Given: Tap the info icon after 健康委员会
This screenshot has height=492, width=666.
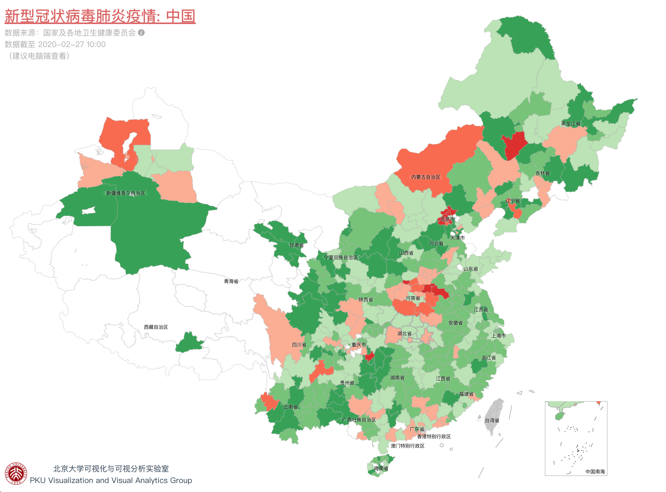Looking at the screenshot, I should click(141, 33).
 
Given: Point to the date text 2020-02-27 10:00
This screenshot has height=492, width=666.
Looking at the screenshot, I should click(71, 44).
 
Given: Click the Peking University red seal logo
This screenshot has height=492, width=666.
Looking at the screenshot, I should click(16, 473).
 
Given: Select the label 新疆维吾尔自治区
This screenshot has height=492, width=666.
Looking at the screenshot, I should click(126, 193).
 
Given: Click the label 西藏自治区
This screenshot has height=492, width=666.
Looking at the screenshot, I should click(156, 327).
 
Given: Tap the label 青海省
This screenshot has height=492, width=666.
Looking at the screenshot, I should click(231, 281).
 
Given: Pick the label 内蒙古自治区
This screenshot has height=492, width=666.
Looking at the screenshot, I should click(425, 177).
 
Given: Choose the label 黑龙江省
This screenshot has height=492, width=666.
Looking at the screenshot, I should click(570, 124).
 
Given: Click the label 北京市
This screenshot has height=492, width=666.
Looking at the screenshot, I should click(448, 219).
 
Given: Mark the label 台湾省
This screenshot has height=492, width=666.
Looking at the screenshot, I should click(492, 421).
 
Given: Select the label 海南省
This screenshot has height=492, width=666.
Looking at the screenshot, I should click(381, 468).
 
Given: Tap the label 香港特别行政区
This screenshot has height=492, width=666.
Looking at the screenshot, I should click(434, 437).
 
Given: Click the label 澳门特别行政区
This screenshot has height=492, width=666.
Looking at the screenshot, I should click(407, 446).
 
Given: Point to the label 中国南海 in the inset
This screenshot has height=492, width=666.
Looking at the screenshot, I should click(595, 472).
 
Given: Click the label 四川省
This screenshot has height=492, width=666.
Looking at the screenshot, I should click(299, 345).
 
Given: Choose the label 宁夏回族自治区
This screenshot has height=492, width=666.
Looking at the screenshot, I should click(341, 258).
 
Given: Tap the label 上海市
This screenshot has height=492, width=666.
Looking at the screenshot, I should click(498, 336).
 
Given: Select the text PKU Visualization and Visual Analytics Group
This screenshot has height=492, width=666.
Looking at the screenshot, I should click(111, 480).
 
